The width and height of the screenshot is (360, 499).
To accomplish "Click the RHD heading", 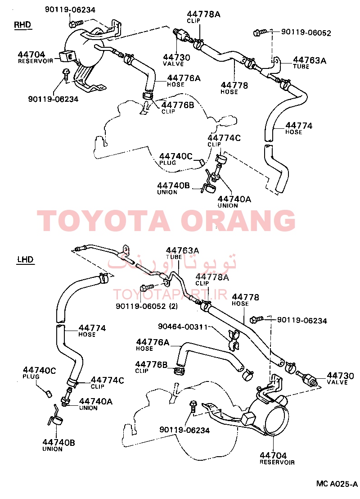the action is [x=22, y=25].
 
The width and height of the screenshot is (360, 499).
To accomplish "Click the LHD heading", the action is [x=26, y=259].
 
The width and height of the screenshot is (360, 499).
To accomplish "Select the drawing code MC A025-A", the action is [x=337, y=484].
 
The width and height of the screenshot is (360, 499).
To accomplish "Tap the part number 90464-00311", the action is [x=183, y=327].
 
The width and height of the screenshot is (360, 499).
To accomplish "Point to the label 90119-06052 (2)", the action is [x=147, y=306].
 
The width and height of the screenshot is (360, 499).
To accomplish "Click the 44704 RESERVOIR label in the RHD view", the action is [x=35, y=57].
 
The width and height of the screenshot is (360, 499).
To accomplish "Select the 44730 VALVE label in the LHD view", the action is [x=340, y=379].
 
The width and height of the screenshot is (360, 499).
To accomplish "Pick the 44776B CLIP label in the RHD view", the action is [x=177, y=108].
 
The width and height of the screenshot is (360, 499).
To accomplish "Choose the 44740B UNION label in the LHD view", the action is [x=58, y=445].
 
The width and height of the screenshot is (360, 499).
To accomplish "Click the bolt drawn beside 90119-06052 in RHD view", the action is [x=260, y=32].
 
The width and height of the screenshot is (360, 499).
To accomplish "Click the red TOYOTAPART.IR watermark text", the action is [x=170, y=295].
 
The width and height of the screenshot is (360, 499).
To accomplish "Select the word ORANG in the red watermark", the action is [x=240, y=221].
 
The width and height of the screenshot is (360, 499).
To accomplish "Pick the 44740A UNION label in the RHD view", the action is [x=234, y=202].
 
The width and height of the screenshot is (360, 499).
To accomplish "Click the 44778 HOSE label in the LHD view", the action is [x=245, y=300].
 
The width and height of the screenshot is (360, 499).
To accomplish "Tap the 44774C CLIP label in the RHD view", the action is [x=224, y=141].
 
